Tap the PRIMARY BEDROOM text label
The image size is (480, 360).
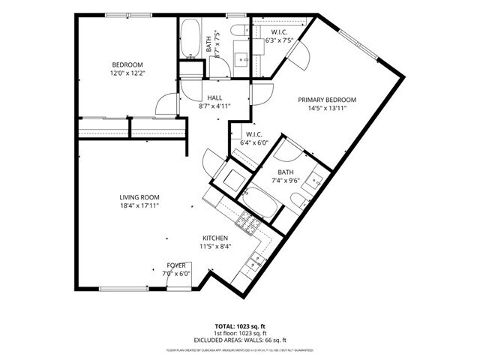pos(326,100)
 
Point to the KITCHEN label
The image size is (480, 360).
pos(214,238)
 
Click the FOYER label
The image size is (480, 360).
pos(176,265)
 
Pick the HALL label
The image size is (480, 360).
pos(214,97)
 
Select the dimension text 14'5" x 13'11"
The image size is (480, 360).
pos(326,108)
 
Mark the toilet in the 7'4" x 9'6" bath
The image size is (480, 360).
pos(298,200)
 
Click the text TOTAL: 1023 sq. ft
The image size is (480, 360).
pos(239,327)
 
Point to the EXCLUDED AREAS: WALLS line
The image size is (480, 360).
pos(239,339)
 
